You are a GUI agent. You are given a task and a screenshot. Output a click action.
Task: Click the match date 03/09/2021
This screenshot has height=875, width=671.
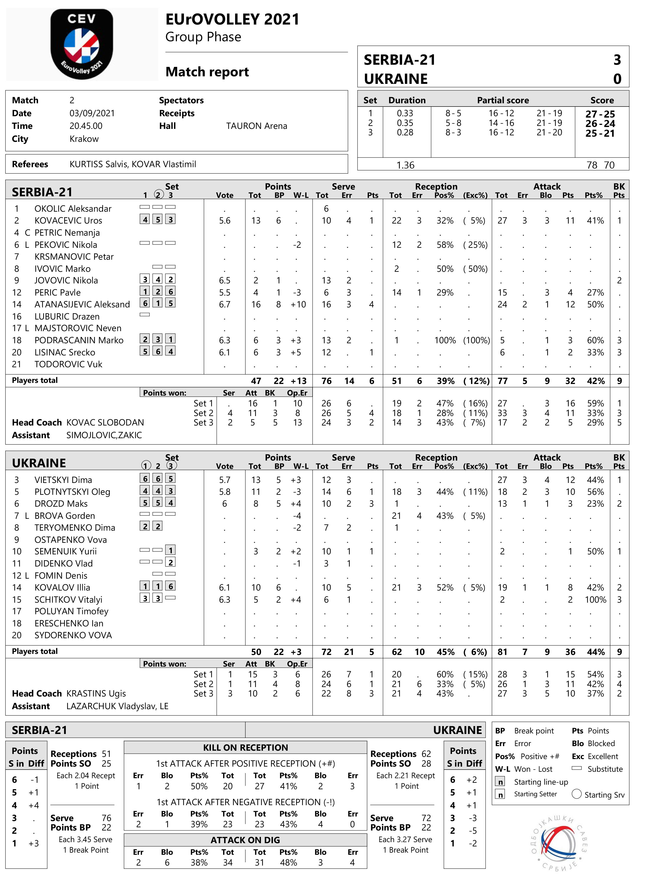coord(92,113)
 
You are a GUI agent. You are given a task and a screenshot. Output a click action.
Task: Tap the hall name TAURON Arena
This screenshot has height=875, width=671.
coord(256,126)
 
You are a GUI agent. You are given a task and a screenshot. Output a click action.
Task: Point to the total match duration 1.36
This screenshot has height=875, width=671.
coord(405,165)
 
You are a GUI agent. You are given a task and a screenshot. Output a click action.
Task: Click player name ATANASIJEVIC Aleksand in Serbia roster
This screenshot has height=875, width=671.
coord(82,304)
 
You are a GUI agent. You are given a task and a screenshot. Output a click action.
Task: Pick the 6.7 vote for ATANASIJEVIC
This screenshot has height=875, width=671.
coord(224,304)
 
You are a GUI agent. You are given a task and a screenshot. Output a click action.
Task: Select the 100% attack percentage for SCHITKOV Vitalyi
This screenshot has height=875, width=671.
coord(595,599)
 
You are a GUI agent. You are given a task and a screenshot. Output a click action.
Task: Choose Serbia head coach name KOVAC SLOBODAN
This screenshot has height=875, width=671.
coord(105,422)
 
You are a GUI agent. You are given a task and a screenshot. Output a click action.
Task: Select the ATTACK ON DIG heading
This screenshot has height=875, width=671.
coord(245,840)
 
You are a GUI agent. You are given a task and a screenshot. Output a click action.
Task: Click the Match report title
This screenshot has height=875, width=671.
coord(207,72)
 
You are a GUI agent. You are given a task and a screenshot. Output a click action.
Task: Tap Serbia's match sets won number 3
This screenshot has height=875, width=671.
coord(617,60)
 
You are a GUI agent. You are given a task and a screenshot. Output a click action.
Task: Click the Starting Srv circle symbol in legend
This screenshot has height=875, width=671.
coord(576,794)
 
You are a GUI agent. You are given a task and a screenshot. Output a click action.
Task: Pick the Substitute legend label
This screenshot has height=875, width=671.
coord(605,769)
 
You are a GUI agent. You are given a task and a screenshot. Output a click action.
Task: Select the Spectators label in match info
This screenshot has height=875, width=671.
coord(181,100)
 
